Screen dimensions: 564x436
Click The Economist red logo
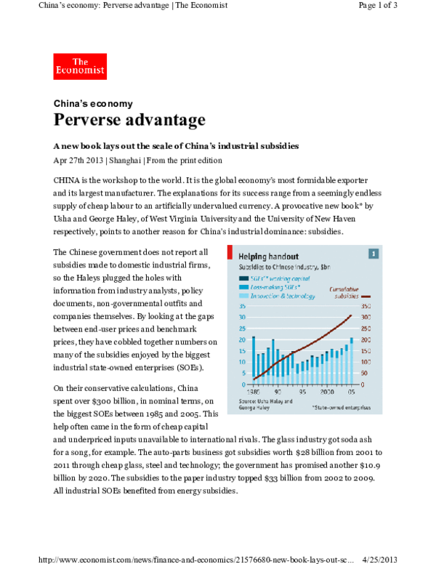click(x=80, y=66)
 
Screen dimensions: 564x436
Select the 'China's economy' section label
click(x=93, y=103)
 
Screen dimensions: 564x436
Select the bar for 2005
click(x=352, y=359)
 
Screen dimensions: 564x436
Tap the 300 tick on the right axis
click(x=366, y=317)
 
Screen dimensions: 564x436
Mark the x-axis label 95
click(x=302, y=391)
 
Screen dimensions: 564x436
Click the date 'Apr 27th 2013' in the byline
click(x=80, y=160)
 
